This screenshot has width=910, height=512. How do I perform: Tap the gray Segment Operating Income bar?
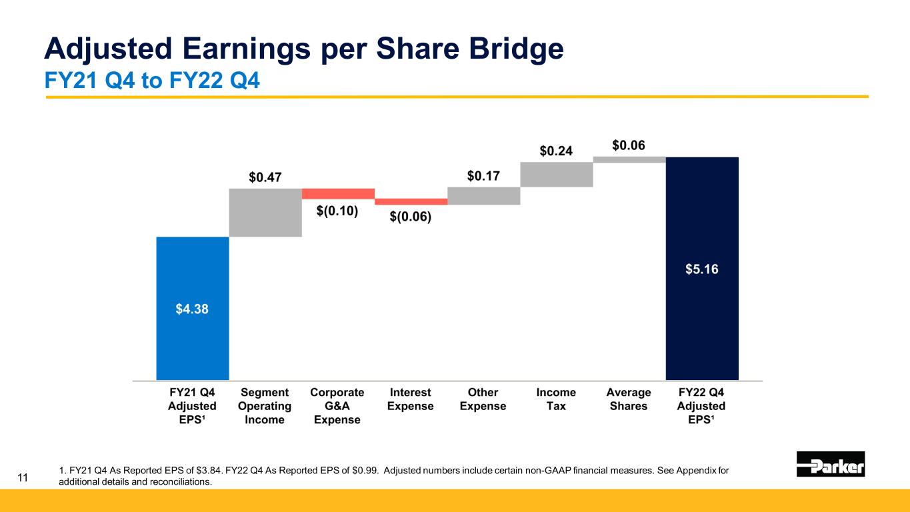pyautogui.click(x=265, y=213)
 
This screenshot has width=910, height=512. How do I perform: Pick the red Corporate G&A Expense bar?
pyautogui.click(x=338, y=193)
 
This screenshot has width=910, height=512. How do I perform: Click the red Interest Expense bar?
pyautogui.click(x=411, y=201)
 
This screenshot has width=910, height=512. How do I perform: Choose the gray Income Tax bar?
pyautogui.click(x=556, y=175)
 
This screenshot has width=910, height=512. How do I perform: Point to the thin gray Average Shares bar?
pyautogui.click(x=629, y=159)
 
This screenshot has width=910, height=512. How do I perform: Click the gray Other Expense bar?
pyautogui.click(x=483, y=195)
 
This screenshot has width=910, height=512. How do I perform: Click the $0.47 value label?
pyautogui.click(x=265, y=177)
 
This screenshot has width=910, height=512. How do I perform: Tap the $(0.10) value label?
pyautogui.click(x=337, y=211)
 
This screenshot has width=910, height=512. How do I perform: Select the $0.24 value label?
pyautogui.click(x=556, y=151)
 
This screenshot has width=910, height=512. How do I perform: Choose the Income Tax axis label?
pyautogui.click(x=556, y=399)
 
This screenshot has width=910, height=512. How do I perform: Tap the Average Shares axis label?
pyautogui.click(x=629, y=399)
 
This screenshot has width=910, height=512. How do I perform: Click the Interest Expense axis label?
pyautogui.click(x=411, y=399)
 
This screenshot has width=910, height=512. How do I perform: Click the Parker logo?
pyautogui.click(x=831, y=464)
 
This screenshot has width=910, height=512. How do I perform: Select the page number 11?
pyautogui.click(x=23, y=477)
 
